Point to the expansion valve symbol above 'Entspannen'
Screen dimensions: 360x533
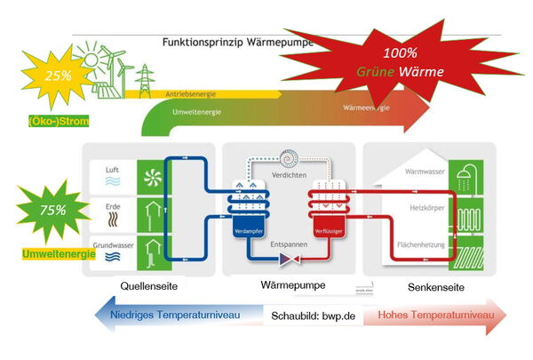point(289,260)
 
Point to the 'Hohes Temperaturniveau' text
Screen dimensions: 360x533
point(431,315)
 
